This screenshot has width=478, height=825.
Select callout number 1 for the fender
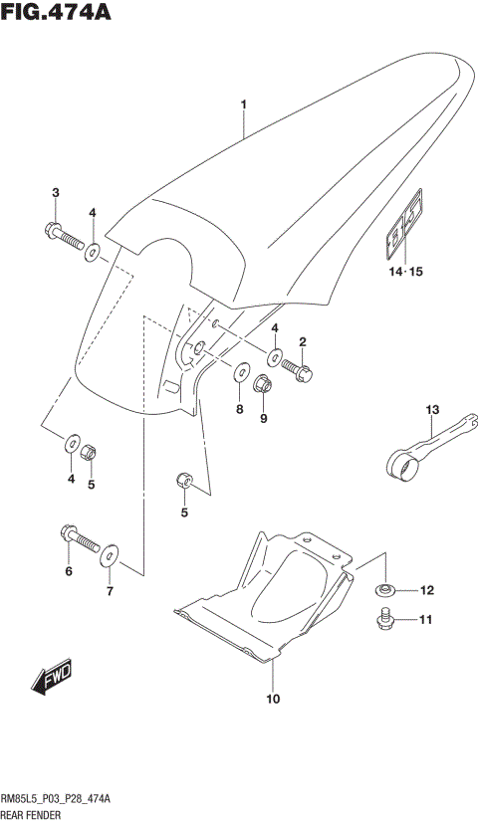tap(242, 103)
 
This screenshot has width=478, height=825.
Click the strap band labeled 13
tap(428, 444)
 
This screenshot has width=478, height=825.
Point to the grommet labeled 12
tap(385, 591)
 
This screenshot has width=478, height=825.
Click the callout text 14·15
tap(405, 272)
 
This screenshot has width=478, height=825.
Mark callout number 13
tap(432, 409)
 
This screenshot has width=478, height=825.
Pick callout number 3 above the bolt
tap(56, 192)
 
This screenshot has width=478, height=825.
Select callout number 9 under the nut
tap(264, 418)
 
